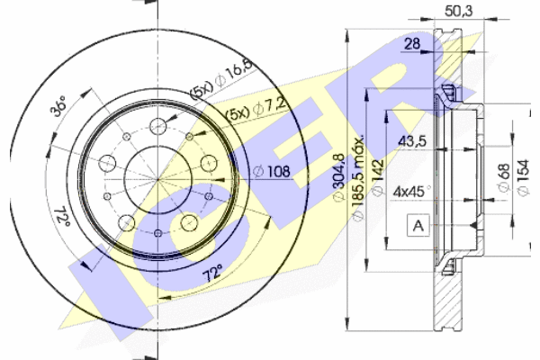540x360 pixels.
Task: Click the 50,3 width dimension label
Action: pos(459,11)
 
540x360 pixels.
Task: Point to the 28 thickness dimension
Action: pos(412,44)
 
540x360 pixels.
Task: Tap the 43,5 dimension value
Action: pos(412,141)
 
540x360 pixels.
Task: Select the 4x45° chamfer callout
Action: pos(412,191)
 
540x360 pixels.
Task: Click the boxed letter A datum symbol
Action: pos(418,226)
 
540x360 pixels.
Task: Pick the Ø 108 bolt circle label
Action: pos(272,171)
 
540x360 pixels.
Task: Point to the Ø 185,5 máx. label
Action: pos(357,178)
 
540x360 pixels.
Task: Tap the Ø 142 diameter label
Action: pos(377,177)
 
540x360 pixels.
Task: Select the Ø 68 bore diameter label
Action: pos(503,177)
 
